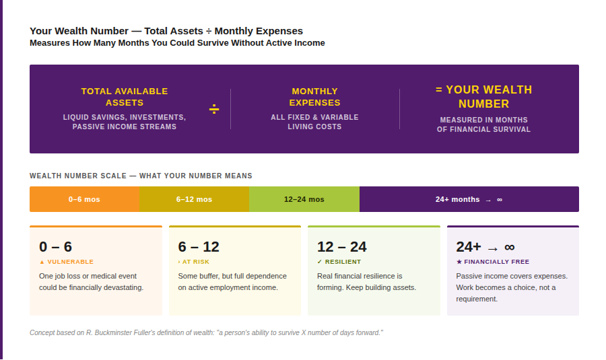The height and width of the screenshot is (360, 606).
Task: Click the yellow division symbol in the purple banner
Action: point(214,109)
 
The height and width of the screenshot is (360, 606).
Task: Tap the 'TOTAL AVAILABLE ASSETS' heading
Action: point(125,97)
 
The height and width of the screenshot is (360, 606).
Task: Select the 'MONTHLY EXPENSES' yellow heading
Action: point(314,97)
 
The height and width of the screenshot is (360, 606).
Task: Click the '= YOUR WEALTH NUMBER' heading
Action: point(483,97)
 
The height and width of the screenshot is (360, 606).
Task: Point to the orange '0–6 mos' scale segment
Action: point(84,199)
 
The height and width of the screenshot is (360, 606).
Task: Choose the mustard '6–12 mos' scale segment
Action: point(194,199)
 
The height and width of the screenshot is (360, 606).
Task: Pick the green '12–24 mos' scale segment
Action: point(304,199)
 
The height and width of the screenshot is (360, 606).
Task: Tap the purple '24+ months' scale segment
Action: point(469,199)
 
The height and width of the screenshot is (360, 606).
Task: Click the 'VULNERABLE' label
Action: point(69,262)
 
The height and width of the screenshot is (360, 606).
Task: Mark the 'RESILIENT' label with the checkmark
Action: point(343,262)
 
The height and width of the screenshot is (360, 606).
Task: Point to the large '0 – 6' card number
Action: point(55,247)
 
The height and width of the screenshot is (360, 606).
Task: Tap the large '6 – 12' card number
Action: point(199,247)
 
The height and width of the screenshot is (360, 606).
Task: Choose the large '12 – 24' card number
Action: point(341,247)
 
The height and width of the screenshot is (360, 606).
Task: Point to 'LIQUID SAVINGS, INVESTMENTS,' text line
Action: point(125,117)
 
